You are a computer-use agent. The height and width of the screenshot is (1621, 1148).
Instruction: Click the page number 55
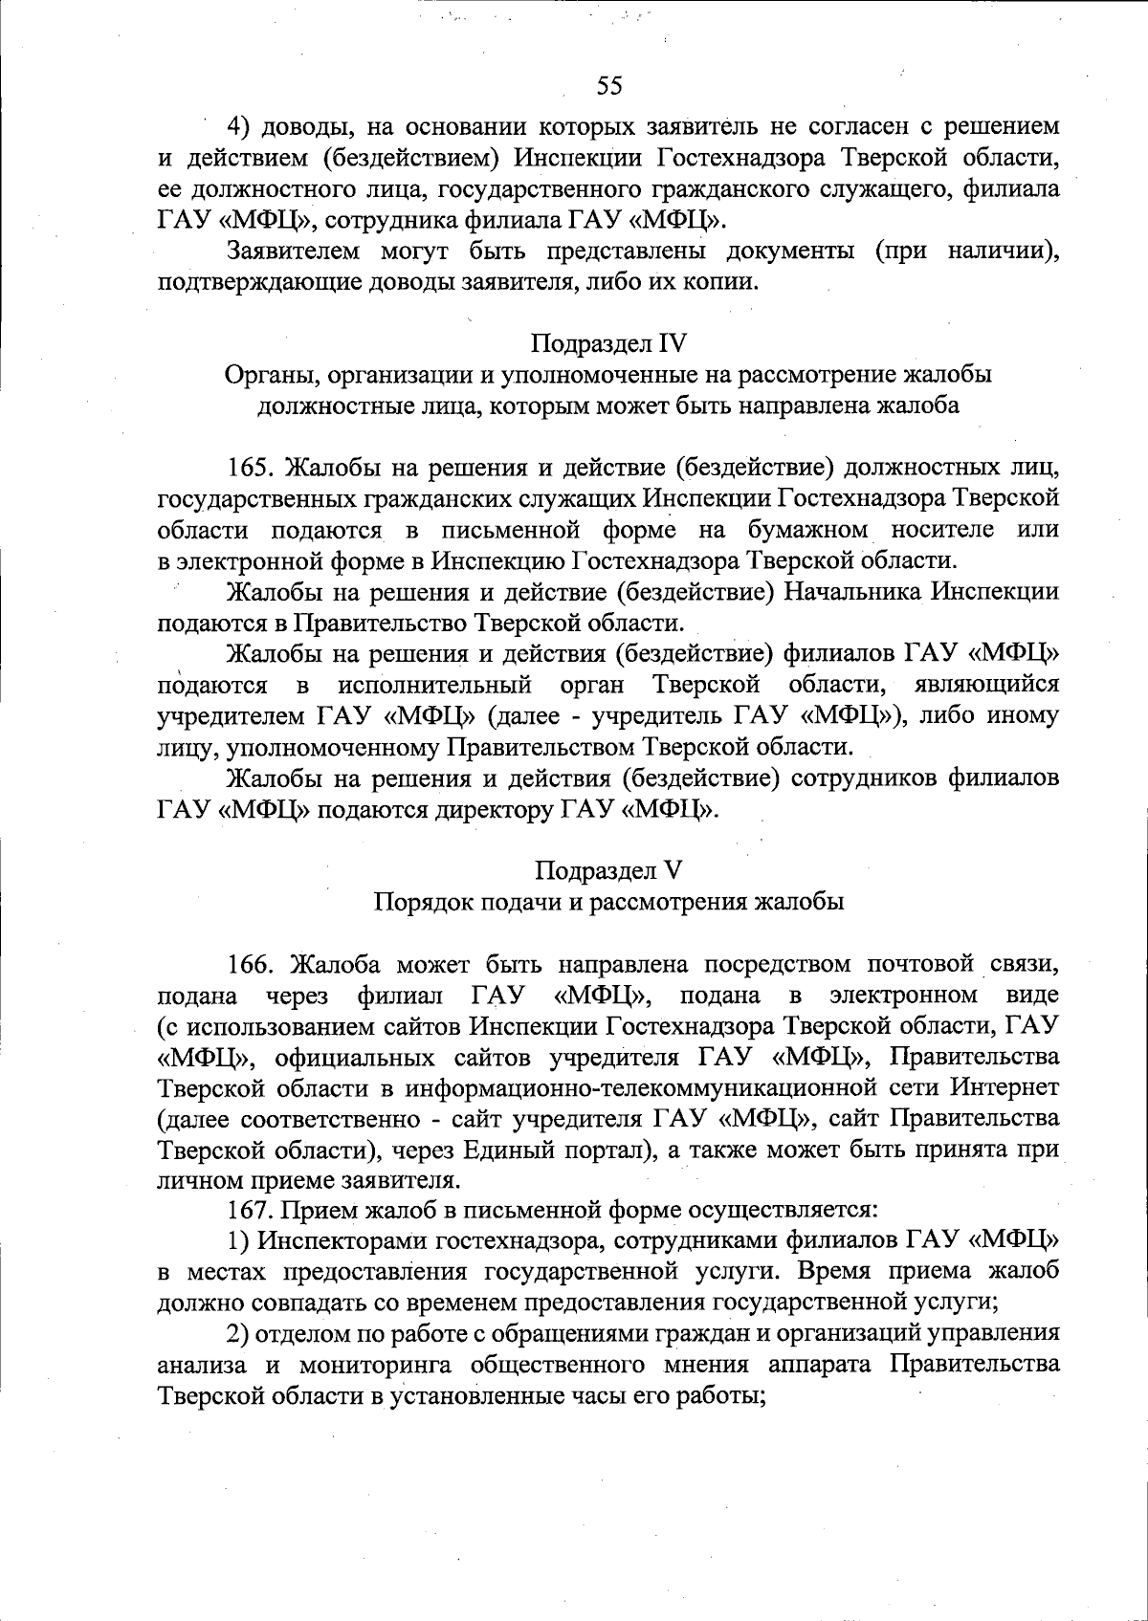(609, 87)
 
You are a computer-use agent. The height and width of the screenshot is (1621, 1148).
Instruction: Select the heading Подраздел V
(608, 870)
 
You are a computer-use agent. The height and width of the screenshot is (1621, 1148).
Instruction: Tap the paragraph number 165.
(252, 468)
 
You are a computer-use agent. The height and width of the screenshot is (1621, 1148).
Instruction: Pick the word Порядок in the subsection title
(416, 902)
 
